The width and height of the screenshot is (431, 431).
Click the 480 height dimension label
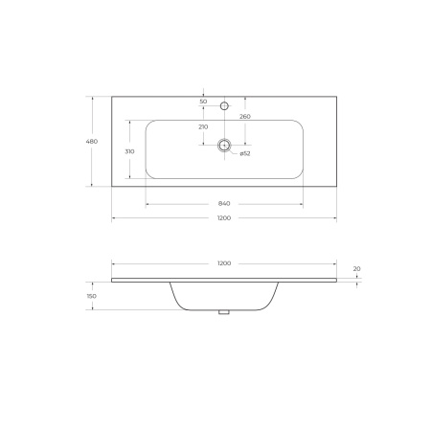click(92, 141)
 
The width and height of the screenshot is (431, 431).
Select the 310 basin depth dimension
click(128, 151)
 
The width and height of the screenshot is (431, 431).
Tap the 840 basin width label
click(224, 203)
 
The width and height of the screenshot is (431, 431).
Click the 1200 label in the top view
click(223, 218)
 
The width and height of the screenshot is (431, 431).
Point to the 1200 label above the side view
click(223, 262)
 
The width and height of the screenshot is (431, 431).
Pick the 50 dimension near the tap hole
click(203, 102)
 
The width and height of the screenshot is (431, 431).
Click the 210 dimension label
click(203, 126)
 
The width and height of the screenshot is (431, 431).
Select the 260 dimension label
click(245, 117)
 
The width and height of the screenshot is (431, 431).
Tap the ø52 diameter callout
click(245, 153)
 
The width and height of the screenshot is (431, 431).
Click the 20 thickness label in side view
click(355, 269)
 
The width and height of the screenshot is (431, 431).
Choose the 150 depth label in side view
click(92, 296)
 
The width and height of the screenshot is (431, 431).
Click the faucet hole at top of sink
click(224, 104)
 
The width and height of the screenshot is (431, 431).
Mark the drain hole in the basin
click(224, 146)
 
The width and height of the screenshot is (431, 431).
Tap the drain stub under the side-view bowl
click(224, 311)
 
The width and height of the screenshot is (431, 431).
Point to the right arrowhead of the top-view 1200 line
click(336, 218)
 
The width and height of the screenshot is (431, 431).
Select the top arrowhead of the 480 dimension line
click(92, 96)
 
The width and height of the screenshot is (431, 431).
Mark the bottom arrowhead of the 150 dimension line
click(92, 309)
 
